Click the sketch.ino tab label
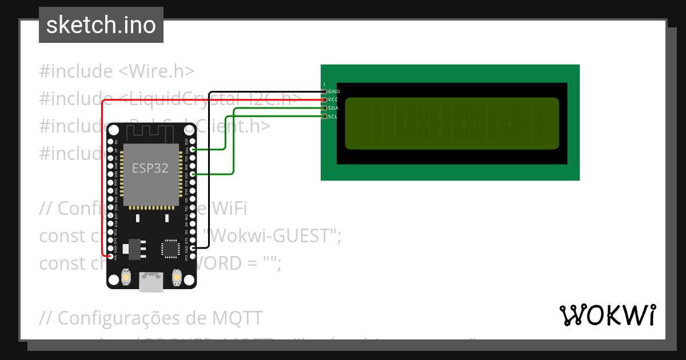101,25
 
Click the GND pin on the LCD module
325,91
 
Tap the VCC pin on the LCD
325,99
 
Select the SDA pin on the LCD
325,108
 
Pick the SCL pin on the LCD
325,117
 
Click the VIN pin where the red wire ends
110,257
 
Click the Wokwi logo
607,315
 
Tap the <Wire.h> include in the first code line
157,71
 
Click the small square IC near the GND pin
170,249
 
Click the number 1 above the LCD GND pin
324,85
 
